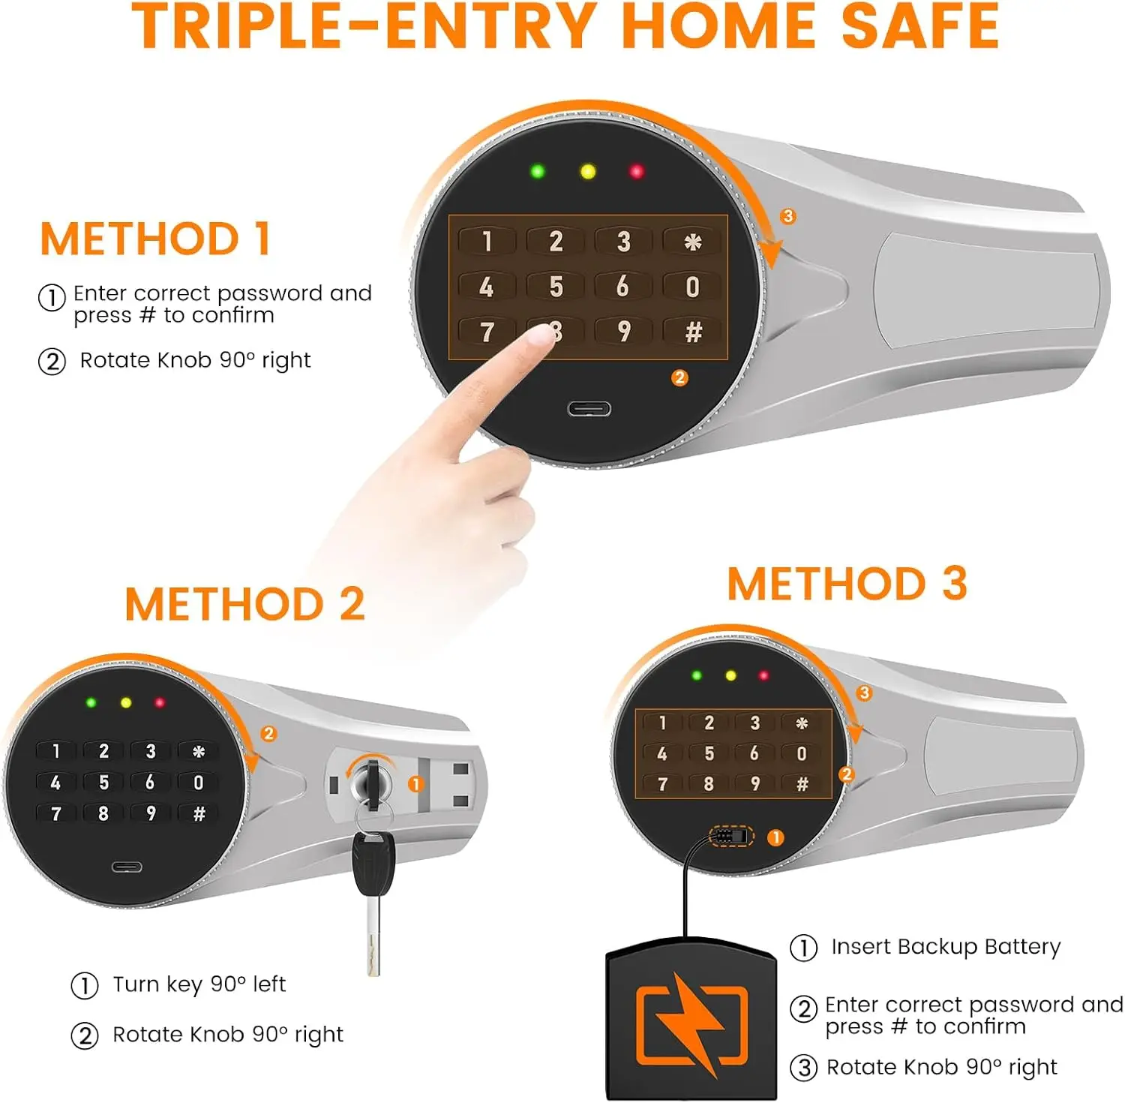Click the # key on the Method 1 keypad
coord(693,332)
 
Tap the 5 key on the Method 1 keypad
coord(556,287)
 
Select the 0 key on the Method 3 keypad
coord(801,753)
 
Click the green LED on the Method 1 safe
coord(537,171)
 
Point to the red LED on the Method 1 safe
coord(637,172)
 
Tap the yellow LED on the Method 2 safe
coord(126,703)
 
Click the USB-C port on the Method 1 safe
coord(589,409)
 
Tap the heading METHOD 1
coord(154,239)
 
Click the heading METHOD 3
coord(847,584)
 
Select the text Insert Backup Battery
coord(945,947)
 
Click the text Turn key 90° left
coord(199,984)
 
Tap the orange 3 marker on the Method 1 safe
coord(787,217)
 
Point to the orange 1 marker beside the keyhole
coord(415,784)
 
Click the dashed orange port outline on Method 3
coord(731,836)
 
